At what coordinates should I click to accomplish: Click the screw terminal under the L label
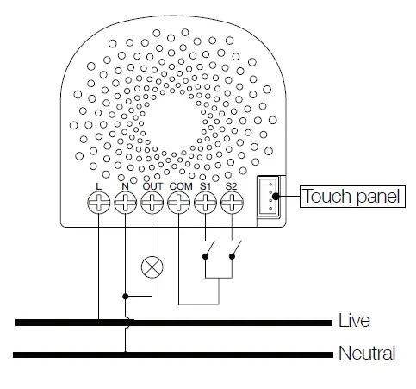[100, 203]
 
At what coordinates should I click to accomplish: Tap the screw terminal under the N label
[126, 203]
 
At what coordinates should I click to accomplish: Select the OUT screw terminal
[152, 203]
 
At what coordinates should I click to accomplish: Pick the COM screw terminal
[179, 203]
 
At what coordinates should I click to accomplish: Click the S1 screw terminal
[205, 203]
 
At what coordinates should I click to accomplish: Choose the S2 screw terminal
[231, 203]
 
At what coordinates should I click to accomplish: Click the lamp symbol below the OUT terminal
[152, 267]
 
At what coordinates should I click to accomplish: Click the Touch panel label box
[351, 197]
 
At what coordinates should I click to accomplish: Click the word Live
[355, 321]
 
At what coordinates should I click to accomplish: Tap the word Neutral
[367, 353]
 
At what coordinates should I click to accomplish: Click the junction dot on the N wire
[126, 297]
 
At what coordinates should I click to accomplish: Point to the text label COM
[180, 185]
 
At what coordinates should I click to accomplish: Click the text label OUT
[152, 185]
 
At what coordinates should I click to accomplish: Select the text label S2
[231, 185]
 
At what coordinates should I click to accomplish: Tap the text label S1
[205, 185]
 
